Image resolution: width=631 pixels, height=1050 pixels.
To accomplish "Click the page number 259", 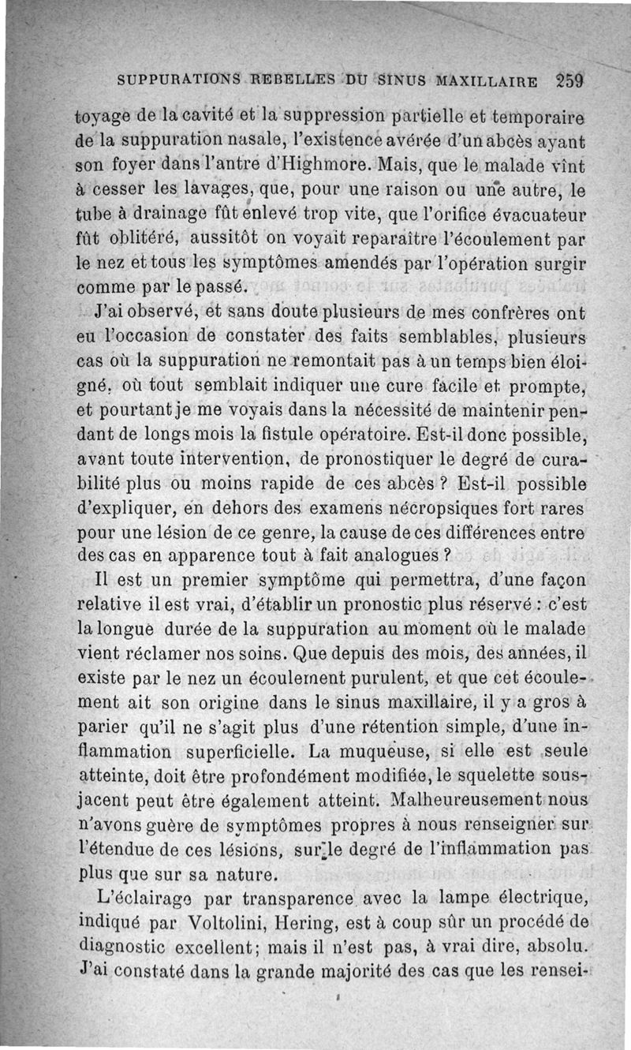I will coord(568,80).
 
